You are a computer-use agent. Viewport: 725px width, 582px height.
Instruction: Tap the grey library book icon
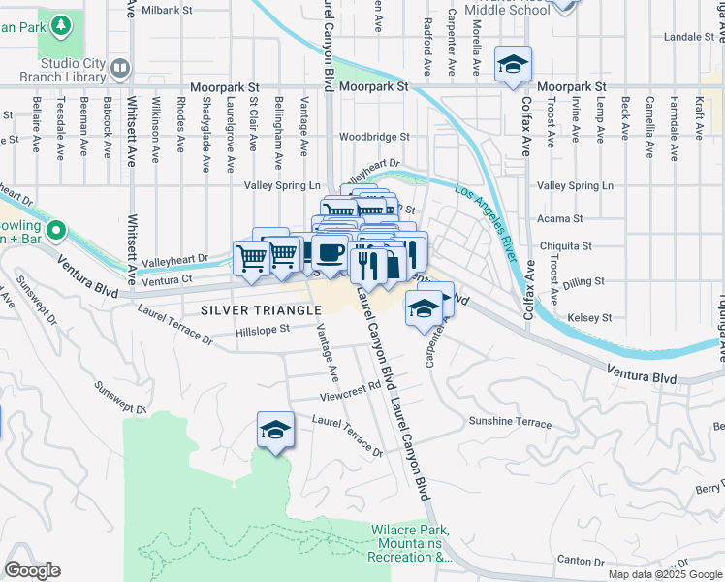pyautogui.click(x=120, y=69)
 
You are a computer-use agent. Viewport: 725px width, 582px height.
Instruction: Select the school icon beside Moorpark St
pyautogui.click(x=513, y=65)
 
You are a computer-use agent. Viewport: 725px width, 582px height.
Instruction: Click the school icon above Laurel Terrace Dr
pyautogui.click(x=275, y=429)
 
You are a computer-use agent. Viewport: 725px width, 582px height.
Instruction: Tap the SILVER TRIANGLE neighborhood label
pyautogui.click(x=260, y=310)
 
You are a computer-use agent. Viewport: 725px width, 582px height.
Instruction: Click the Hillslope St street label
pyautogui.click(x=263, y=330)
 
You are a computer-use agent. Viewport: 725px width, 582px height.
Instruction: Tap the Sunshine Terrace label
pyautogui.click(x=510, y=423)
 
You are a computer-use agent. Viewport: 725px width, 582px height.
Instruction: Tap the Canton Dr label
pyautogui.click(x=580, y=561)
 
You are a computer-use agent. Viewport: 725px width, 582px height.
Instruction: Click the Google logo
pyautogui.click(x=32, y=570)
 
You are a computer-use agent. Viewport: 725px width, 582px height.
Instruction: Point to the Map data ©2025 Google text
pyautogui.click(x=664, y=574)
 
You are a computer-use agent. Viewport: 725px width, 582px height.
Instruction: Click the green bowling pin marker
pyautogui.click(x=56, y=231)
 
